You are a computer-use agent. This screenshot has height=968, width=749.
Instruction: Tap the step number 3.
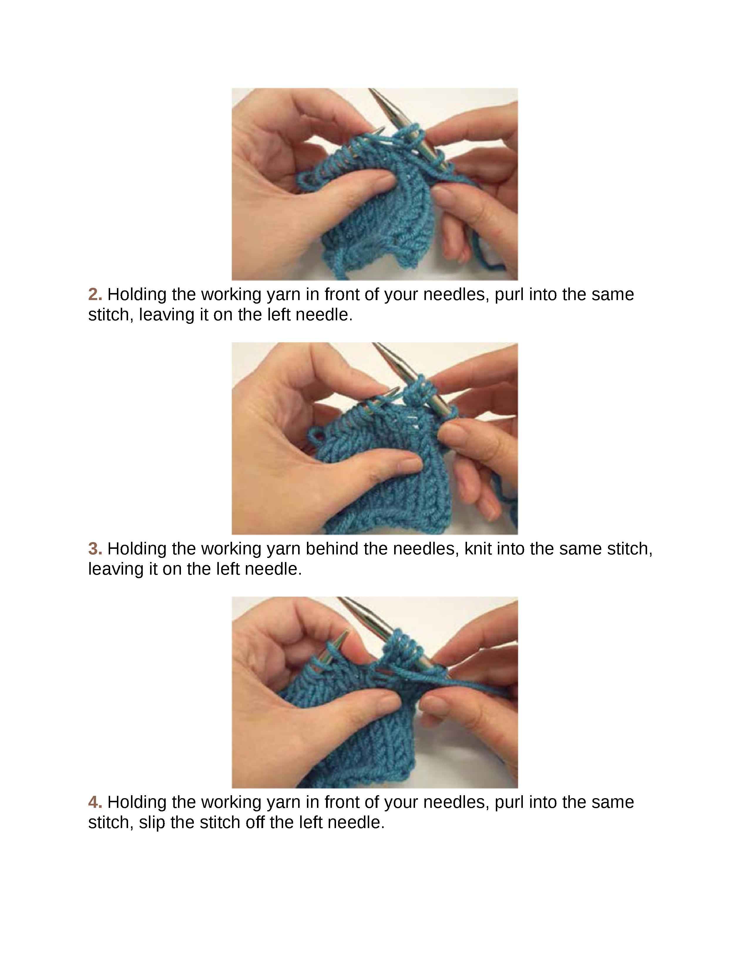[x=95, y=549]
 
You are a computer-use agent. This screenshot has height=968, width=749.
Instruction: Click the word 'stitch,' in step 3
[x=630, y=549]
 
